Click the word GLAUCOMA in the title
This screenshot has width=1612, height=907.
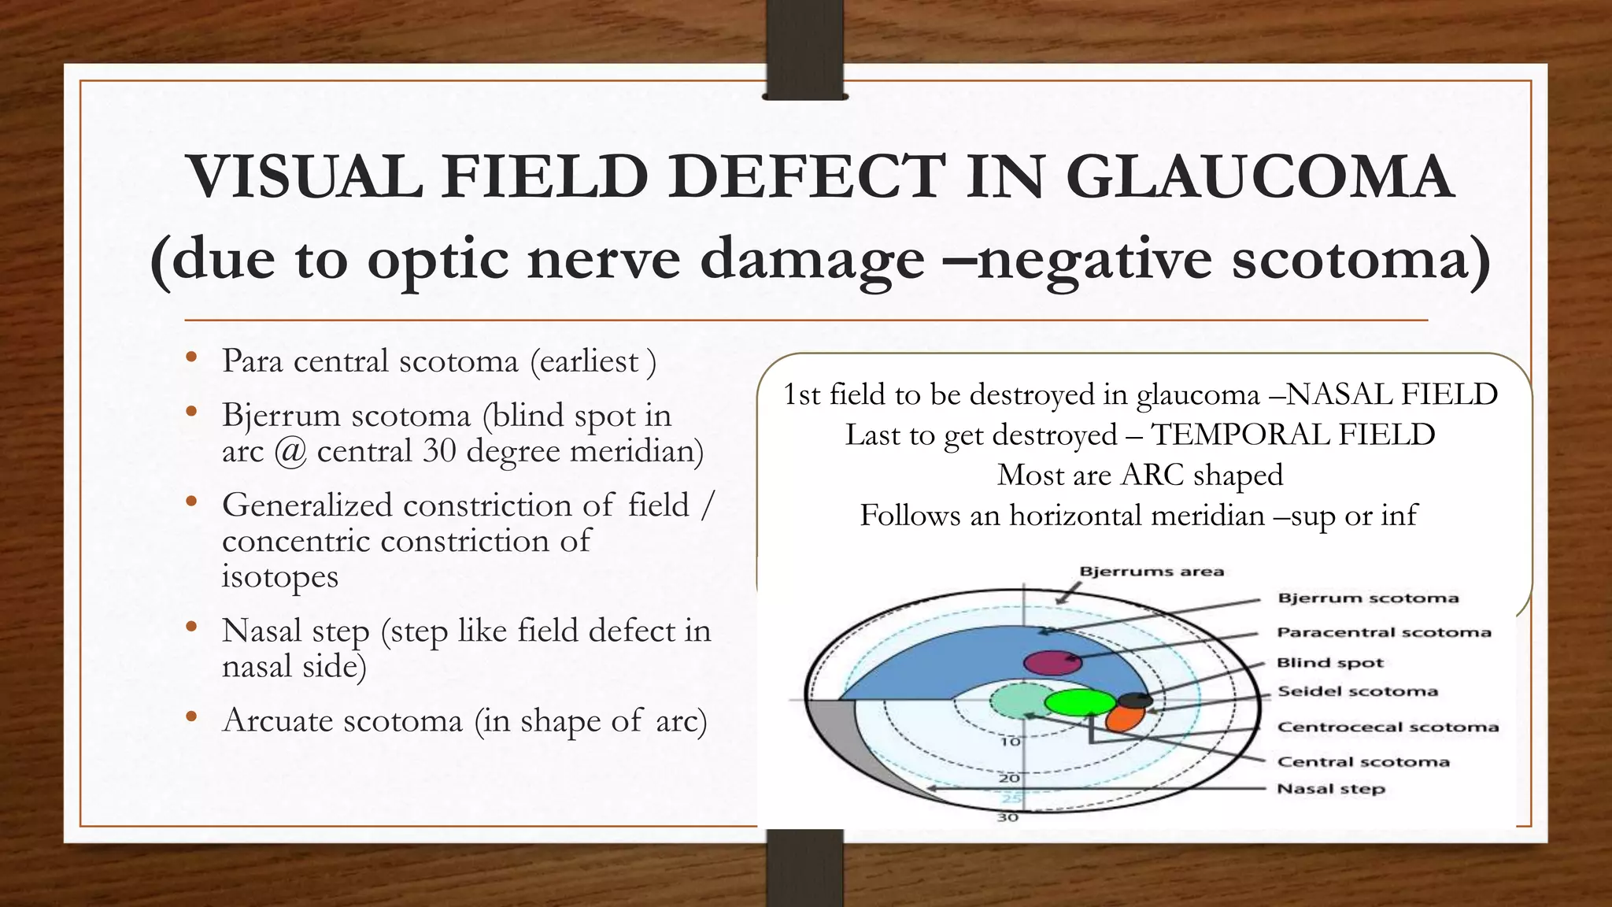(x=1259, y=176)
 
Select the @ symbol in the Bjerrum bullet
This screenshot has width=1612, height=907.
(x=290, y=452)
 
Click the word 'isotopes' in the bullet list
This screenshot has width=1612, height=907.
(x=279, y=576)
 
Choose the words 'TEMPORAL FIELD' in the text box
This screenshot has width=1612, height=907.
(x=1292, y=435)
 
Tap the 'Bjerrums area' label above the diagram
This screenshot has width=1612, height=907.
(x=1151, y=572)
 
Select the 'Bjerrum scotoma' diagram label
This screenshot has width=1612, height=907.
(x=1367, y=598)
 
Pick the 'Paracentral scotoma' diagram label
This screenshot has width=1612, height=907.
(x=1383, y=632)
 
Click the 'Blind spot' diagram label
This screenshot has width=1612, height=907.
(x=1329, y=663)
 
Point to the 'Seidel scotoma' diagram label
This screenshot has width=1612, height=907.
(x=1357, y=691)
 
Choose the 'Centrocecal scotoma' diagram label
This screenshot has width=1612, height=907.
(x=1387, y=727)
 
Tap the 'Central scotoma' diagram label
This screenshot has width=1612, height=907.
(x=1362, y=761)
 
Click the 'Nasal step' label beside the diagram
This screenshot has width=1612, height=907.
(x=1330, y=789)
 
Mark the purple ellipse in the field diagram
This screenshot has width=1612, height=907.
(x=1052, y=663)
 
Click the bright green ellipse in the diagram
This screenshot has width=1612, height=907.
(x=1080, y=702)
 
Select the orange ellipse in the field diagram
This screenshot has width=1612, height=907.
(x=1125, y=717)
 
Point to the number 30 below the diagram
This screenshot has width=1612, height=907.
(x=1007, y=817)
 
